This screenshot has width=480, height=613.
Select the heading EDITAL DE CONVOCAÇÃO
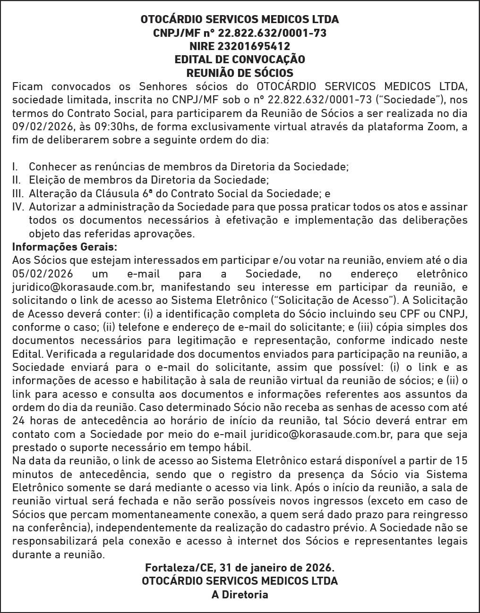[x=240, y=59]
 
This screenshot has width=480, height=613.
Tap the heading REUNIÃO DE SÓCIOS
[x=240, y=73]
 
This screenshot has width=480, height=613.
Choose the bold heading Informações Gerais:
[x=64, y=247]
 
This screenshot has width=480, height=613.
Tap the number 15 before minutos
[x=460, y=461]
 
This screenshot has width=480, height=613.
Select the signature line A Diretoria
[x=240, y=595]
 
